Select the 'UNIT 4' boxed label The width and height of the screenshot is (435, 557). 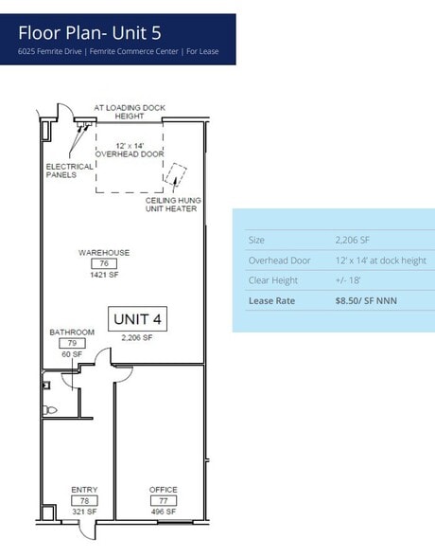(x=138, y=320)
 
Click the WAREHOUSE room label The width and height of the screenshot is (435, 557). (x=104, y=253)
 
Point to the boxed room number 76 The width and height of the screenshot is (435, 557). (x=104, y=263)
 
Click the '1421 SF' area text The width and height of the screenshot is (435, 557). (x=104, y=275)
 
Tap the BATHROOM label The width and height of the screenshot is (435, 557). (x=72, y=332)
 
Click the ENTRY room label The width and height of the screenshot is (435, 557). (x=84, y=490)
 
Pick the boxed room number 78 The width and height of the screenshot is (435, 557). (x=84, y=500)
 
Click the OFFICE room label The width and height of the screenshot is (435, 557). (x=163, y=490)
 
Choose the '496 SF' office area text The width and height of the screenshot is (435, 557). (x=163, y=512)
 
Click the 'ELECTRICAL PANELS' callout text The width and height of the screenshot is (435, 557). (x=70, y=171)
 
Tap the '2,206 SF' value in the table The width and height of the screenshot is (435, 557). (x=352, y=240)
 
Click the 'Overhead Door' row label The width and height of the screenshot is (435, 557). (x=279, y=261)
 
